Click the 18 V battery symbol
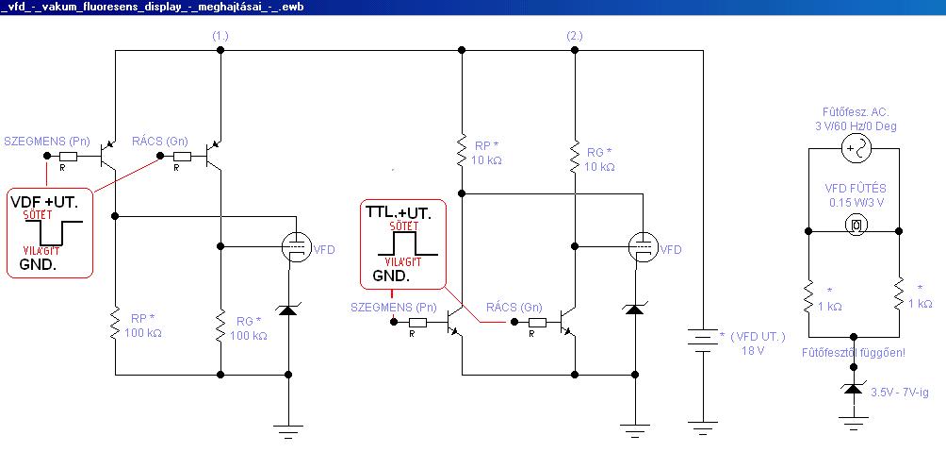coord(703,341)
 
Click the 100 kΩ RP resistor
coord(115,324)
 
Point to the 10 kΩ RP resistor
coord(462,150)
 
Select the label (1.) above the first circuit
coord(220,36)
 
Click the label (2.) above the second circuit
coord(575,36)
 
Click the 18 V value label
coord(753,350)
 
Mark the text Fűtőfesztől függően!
coord(854,352)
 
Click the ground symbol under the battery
coord(703,429)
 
